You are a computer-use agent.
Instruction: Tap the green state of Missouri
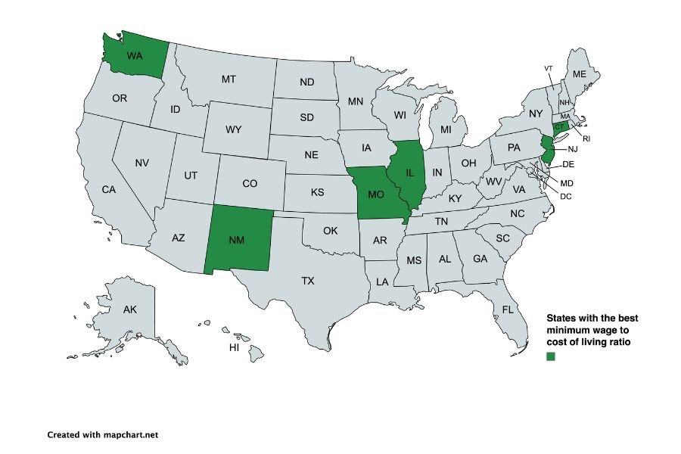[376, 194]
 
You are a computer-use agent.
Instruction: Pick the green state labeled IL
[410, 174]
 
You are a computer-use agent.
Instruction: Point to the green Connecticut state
[561, 127]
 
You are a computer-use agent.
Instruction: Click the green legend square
[551, 356]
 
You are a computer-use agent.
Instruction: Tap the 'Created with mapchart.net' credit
[102, 435]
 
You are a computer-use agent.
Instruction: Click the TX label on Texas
[308, 281]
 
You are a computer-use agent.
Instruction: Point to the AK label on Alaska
[129, 309]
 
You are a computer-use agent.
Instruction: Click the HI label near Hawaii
[235, 347]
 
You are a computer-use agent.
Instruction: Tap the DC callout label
[566, 196]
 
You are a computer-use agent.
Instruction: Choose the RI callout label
[586, 138]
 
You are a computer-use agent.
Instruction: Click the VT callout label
[549, 69]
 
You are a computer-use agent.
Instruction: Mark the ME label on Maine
[580, 74]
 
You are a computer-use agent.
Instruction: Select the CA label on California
[109, 189]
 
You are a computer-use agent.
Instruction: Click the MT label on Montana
[229, 79]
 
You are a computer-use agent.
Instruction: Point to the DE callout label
[569, 164]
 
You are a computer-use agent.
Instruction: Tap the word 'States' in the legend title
[562, 319]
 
